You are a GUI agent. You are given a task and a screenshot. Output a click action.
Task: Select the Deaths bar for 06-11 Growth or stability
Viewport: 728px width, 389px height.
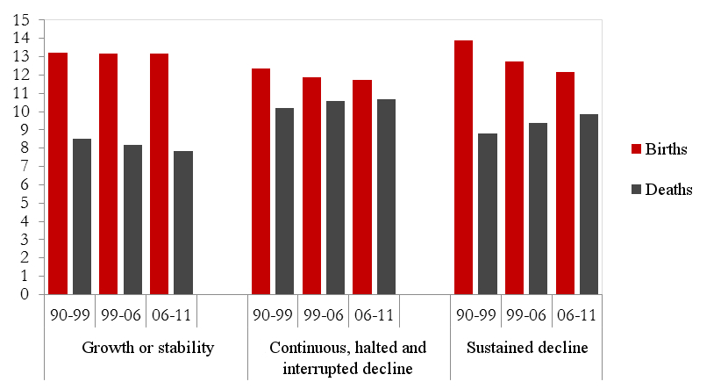(183, 223)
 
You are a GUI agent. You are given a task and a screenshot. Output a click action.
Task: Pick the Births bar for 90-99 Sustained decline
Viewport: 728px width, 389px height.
(463, 168)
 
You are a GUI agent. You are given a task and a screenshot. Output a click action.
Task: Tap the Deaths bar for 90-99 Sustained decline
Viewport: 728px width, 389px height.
(488, 214)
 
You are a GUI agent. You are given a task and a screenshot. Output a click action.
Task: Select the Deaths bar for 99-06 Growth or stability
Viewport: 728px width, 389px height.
(132, 220)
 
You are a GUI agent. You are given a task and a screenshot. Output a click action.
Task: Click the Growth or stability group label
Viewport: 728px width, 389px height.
(147, 348)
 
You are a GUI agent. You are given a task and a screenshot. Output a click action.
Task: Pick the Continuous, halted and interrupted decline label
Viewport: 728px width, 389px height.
(349, 357)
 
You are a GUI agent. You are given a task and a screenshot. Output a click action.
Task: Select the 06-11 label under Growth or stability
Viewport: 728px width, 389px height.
(172, 313)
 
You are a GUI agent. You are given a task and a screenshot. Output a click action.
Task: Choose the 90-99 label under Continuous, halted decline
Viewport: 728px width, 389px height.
(274, 313)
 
